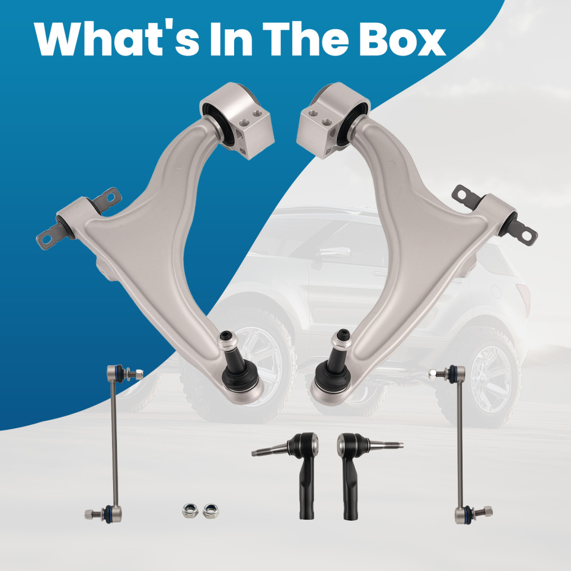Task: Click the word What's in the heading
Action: coord(116,39)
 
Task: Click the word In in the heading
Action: coord(231,39)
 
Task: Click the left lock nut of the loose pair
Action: coord(190,510)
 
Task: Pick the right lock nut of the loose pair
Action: coord(211,510)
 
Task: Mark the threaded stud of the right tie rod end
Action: coord(385,444)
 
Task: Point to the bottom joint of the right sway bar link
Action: coord(473,514)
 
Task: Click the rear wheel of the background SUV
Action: coord(486,379)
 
